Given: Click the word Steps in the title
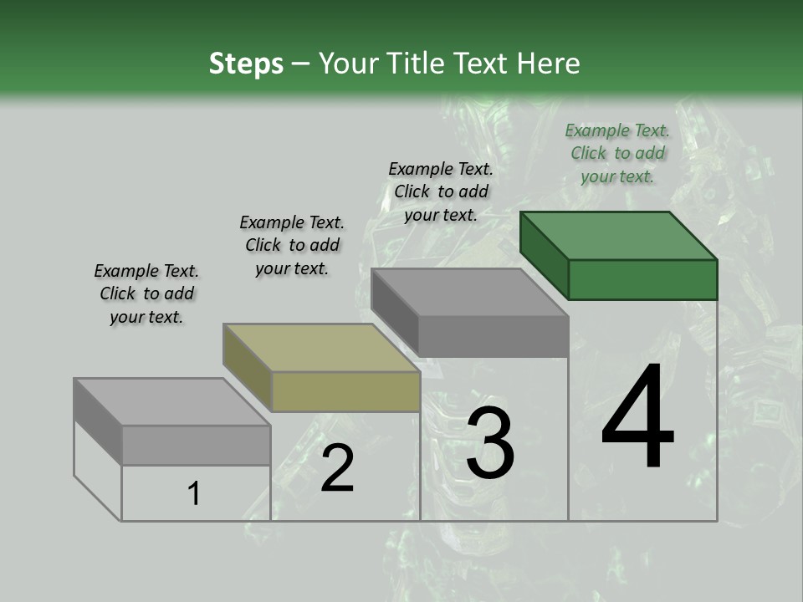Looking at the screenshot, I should (246, 64).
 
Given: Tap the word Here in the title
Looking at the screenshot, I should (549, 64).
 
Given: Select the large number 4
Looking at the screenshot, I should (637, 417).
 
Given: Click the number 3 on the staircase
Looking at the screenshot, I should (489, 443).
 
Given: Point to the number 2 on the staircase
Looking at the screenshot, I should (337, 468).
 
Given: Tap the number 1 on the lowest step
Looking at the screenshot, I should (194, 494).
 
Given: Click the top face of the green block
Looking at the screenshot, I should (619, 236).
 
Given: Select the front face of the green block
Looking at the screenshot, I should (642, 279).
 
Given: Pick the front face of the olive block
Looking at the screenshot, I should (345, 391).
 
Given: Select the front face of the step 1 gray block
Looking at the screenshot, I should (196, 445).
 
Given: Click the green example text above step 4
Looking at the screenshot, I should (617, 153).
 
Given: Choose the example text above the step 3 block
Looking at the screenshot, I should (441, 191).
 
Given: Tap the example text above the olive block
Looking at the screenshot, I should (292, 245).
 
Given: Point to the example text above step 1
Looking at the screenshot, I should (146, 293).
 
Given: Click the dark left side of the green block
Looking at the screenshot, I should (544, 256).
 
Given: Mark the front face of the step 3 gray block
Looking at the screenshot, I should (494, 337).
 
